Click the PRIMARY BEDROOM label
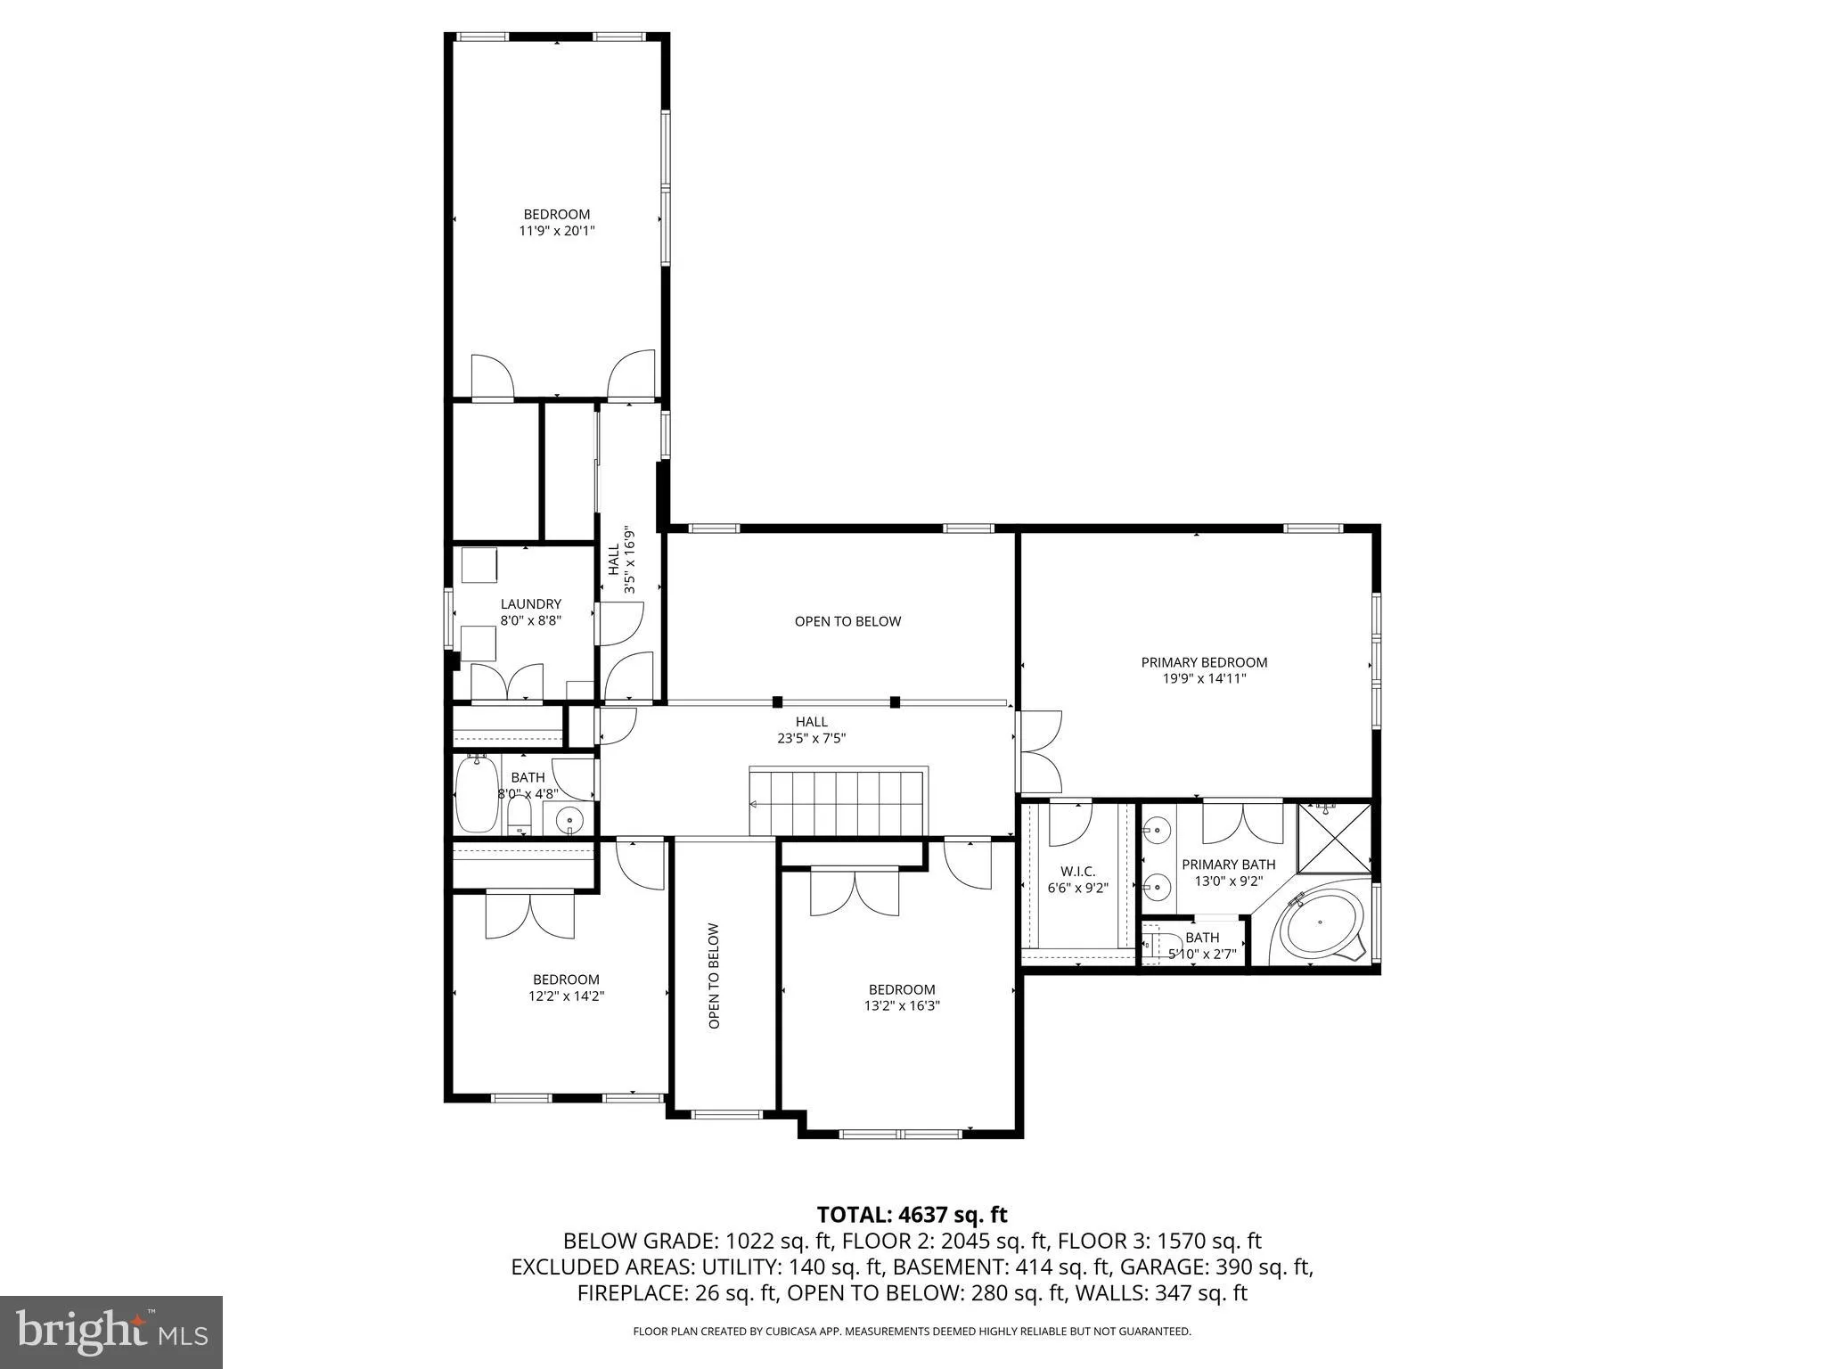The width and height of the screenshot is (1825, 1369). pos(1204,662)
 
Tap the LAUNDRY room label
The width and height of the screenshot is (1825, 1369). pos(530,603)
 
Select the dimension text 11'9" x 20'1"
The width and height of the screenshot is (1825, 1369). pos(557,231)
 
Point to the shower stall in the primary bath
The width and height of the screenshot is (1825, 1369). pos(1334,839)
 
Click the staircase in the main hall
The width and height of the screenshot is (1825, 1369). pos(839,802)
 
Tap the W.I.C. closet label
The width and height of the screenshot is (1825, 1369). pos(1077,872)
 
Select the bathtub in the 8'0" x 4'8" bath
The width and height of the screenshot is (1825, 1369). pos(477,793)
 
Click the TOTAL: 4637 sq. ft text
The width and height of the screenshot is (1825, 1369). pos(912,1214)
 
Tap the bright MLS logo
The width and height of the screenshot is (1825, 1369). pos(111,1332)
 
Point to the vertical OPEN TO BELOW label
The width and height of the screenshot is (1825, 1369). pos(714,976)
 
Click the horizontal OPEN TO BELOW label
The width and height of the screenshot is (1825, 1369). pos(847,621)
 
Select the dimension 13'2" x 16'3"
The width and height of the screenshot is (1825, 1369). pos(902,1005)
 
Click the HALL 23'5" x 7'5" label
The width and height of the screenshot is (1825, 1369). pos(811,730)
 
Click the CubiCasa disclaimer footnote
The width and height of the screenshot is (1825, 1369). pos(912,1332)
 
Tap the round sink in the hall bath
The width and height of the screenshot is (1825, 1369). pos(569,819)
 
